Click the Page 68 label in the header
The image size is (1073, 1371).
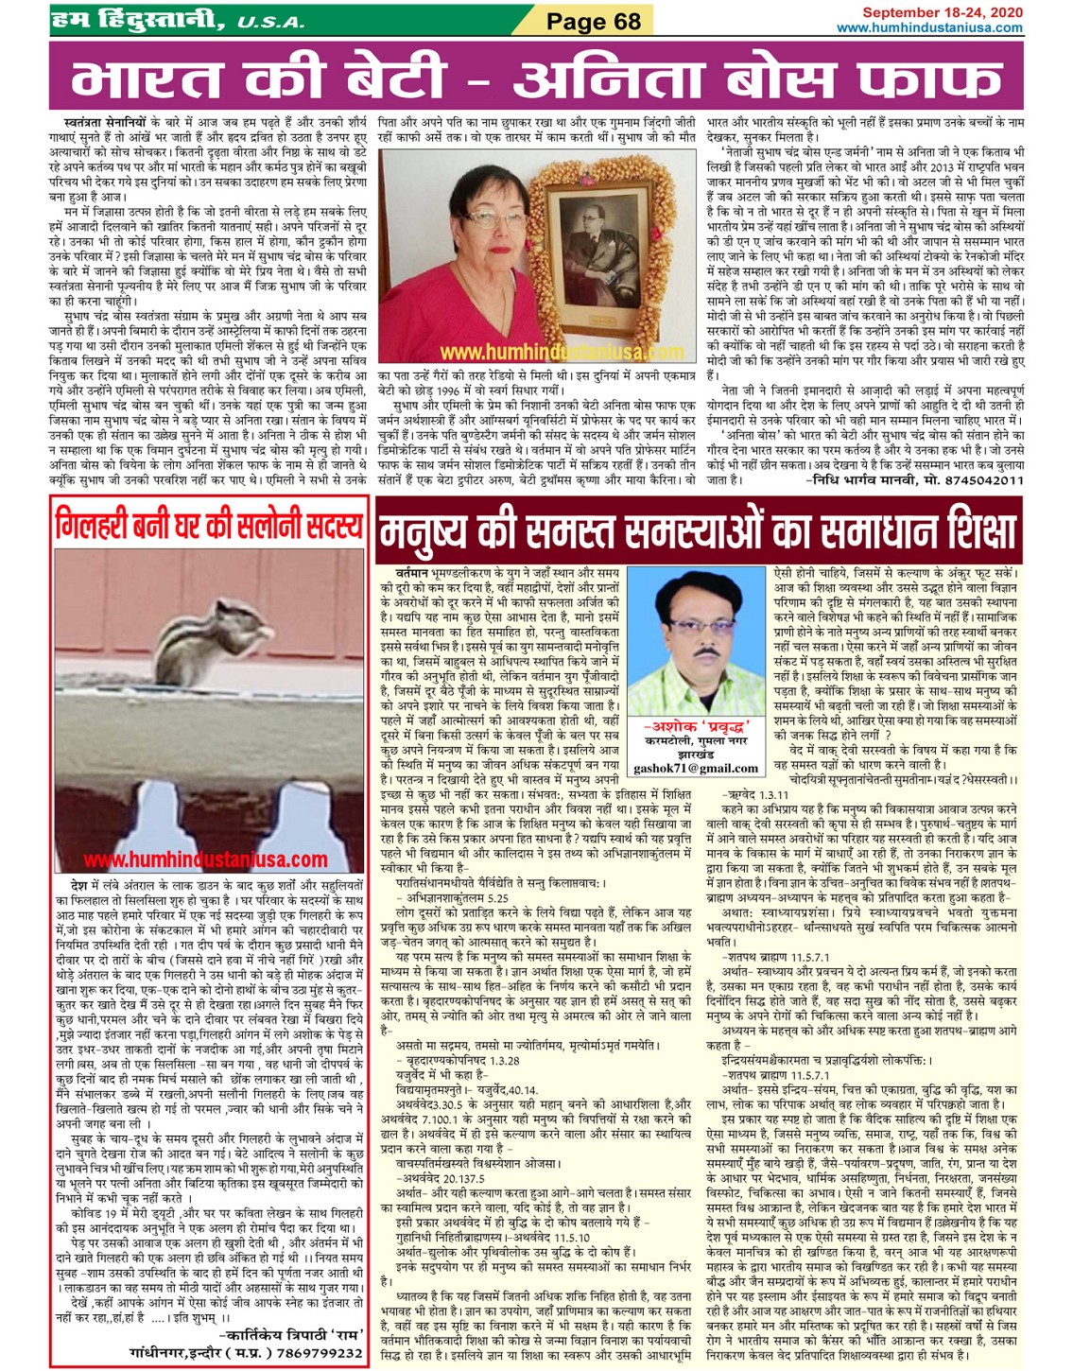tap(593, 21)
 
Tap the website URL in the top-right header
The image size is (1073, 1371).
tap(929, 27)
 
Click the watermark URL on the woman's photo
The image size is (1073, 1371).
tap(562, 353)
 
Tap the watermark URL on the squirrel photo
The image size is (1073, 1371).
tap(205, 859)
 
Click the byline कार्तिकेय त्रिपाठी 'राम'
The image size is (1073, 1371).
tap(289, 1335)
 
